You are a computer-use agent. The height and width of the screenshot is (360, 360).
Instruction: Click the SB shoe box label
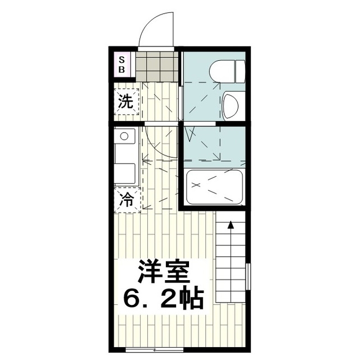point(121,65)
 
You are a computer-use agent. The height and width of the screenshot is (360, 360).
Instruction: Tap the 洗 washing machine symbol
point(127,102)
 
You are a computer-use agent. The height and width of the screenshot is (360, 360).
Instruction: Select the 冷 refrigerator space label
point(127,200)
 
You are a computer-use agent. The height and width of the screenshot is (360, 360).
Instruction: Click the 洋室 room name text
point(163,272)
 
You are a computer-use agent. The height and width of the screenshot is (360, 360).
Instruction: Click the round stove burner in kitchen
point(124,136)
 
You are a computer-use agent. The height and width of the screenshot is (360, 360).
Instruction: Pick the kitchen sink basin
point(124,173)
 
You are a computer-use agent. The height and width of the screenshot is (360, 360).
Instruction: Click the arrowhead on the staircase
point(231,225)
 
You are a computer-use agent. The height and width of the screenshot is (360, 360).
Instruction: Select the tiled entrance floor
point(157,66)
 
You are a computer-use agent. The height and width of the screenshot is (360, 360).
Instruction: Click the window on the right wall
point(248,277)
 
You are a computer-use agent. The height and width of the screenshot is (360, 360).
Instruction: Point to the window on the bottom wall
point(155,350)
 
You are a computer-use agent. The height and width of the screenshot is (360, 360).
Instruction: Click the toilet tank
point(240,71)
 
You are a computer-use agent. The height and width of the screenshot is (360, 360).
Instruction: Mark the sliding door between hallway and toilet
point(181,103)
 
